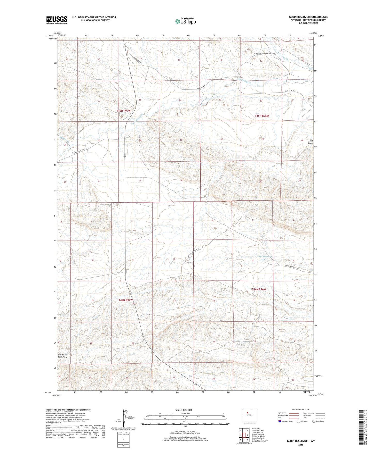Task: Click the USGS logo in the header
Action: click(x=57, y=20)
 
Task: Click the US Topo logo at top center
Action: click(x=185, y=21)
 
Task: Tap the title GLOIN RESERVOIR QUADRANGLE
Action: click(x=308, y=17)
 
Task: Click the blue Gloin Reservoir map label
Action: click(x=265, y=256)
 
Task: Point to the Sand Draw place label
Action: click(x=311, y=142)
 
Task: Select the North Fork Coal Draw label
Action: click(x=62, y=356)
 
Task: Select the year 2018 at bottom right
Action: click(x=301, y=444)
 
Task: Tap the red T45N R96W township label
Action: click(x=262, y=116)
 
